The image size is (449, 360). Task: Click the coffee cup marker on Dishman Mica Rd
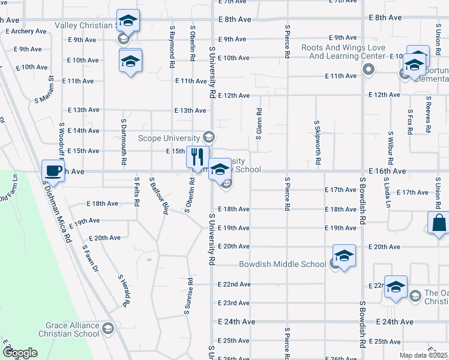click(53, 170)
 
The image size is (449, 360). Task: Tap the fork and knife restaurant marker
click(197, 157)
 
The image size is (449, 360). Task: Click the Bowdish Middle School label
click(282, 264)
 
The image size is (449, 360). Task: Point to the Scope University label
click(169, 137)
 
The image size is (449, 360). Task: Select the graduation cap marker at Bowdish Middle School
click(344, 256)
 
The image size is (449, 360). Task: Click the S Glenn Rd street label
click(259, 124)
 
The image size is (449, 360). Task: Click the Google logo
click(20, 353)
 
